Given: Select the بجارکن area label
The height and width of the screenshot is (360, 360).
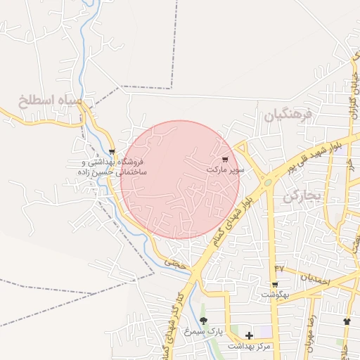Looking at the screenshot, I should pyautogui.click(x=302, y=196).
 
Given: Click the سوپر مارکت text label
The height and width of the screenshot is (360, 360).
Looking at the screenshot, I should pyautogui.click(x=226, y=169).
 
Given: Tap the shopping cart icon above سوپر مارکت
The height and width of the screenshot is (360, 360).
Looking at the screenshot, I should pyautogui.click(x=225, y=160).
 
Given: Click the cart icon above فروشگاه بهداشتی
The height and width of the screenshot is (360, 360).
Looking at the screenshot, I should pyautogui.click(x=112, y=151).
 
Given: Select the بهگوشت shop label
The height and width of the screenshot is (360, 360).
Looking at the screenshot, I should pyautogui.click(x=274, y=295).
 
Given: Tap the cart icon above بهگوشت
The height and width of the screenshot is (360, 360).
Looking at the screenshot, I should pyautogui.click(x=274, y=285).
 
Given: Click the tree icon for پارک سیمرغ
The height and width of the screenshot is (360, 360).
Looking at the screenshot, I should pyautogui.click(x=204, y=321).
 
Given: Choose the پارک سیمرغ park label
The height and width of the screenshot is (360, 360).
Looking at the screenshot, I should pyautogui.click(x=203, y=330).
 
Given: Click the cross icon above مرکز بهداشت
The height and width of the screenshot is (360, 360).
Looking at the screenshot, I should pyautogui.click(x=249, y=336).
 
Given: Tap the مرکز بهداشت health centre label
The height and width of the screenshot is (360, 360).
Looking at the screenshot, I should pyautogui.click(x=249, y=347).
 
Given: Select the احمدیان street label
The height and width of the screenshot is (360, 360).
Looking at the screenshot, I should pyautogui.click(x=314, y=278).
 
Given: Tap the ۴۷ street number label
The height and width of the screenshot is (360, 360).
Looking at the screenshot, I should pyautogui.click(x=280, y=269).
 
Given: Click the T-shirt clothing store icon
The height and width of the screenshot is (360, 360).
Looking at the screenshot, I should pyautogui.click(x=346, y=321).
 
